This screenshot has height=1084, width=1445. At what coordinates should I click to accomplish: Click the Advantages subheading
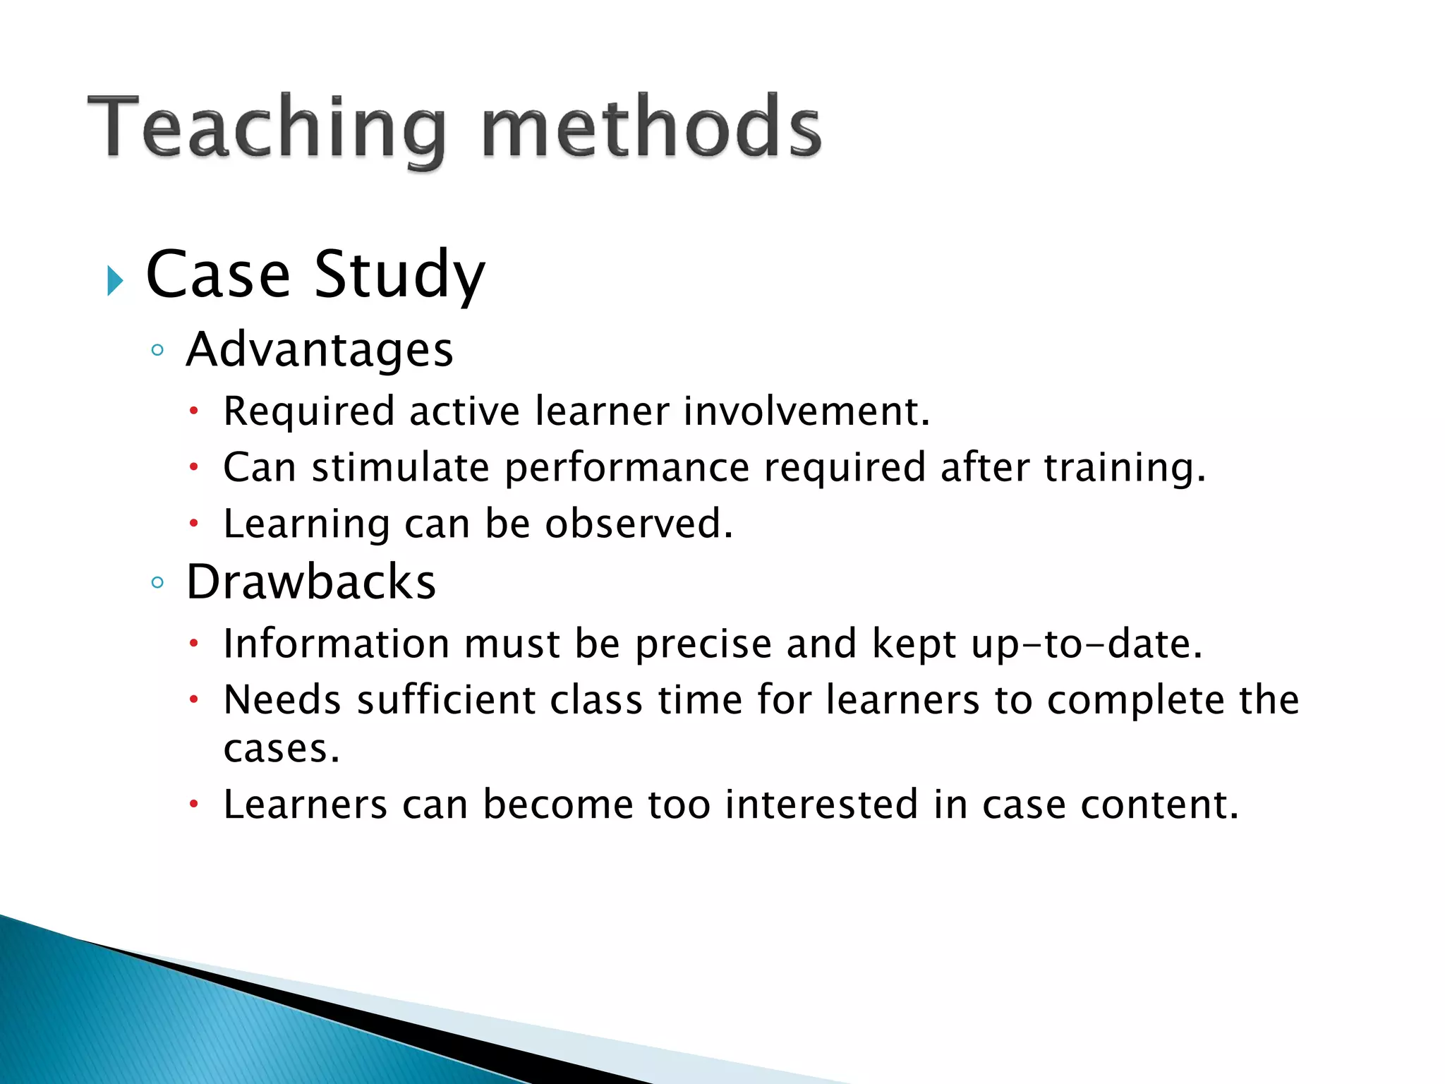click(x=319, y=350)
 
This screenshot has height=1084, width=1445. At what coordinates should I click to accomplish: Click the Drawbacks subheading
click(x=311, y=582)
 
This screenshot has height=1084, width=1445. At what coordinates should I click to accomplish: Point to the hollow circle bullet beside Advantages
click(x=157, y=350)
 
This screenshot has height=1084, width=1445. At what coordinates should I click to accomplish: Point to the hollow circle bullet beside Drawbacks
click(x=157, y=583)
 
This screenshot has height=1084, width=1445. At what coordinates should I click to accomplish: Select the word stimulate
click(x=400, y=467)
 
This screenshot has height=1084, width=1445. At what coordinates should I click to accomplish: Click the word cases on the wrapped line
click(x=281, y=749)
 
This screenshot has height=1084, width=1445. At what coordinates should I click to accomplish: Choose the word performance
click(x=627, y=469)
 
